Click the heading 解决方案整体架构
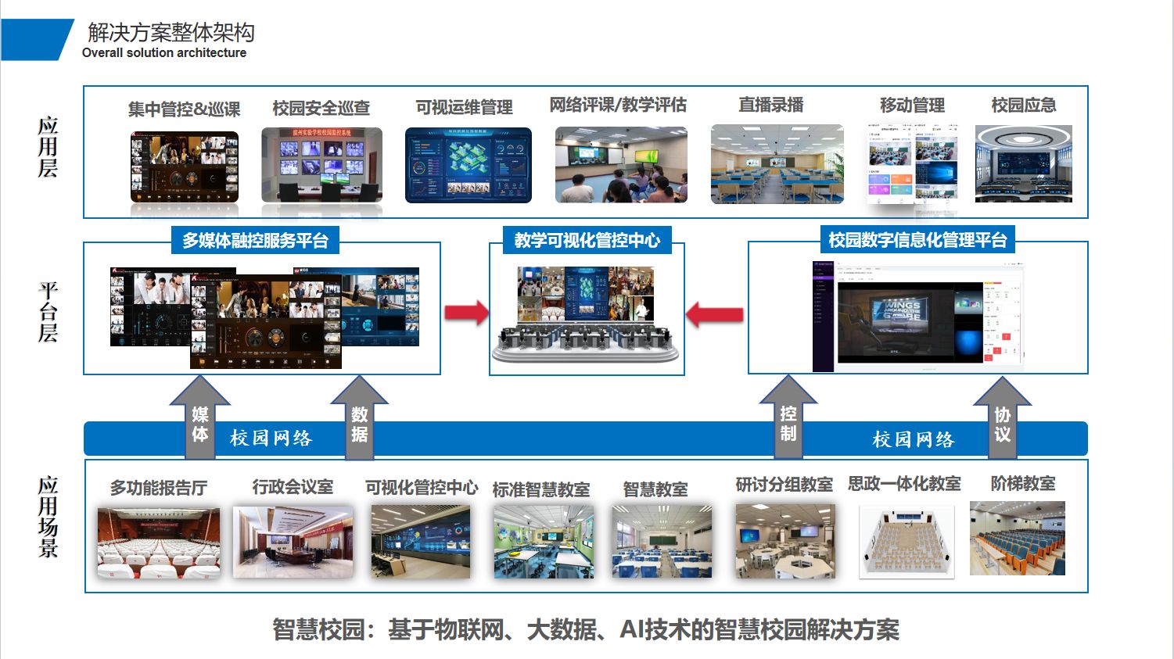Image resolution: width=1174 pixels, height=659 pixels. (171, 32)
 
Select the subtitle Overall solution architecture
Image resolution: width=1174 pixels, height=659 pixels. (164, 53)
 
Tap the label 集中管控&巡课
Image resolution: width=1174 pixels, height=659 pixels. (184, 109)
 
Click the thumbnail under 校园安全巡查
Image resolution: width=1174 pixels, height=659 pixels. (321, 165)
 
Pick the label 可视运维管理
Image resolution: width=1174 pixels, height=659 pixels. (464, 107)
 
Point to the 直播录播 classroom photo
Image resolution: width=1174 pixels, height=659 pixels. (777, 164)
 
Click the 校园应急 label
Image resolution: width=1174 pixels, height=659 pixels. (1023, 106)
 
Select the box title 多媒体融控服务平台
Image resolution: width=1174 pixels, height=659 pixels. (255, 240)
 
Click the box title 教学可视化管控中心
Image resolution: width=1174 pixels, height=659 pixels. (587, 240)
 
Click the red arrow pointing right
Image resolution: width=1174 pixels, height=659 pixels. (466, 313)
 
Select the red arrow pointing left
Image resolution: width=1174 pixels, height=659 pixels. (714, 315)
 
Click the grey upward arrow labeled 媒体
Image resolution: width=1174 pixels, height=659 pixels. (200, 419)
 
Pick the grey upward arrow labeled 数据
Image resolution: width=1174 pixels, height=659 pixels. (359, 419)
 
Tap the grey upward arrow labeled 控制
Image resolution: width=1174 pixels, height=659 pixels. (788, 419)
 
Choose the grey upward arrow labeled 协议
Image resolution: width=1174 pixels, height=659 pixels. (1002, 419)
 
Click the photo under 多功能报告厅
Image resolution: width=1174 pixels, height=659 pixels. (159, 543)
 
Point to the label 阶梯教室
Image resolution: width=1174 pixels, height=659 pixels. (1022, 484)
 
